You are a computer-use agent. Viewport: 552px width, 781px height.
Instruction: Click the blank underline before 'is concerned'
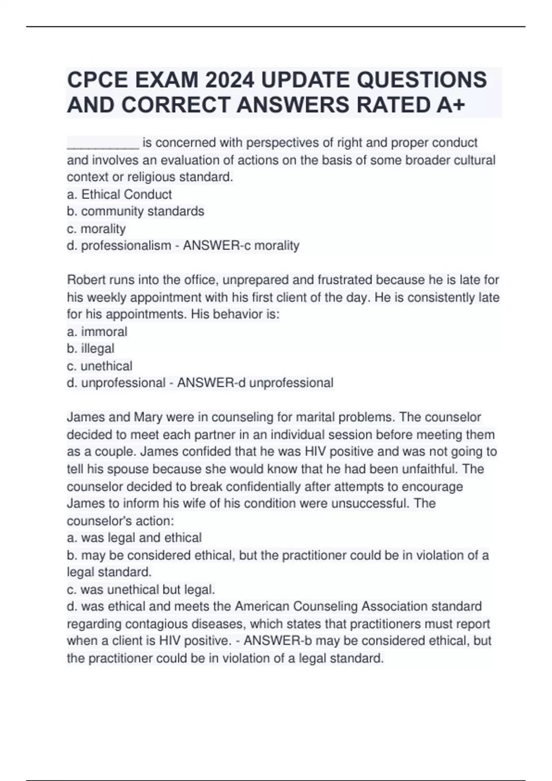pyautogui.click(x=103, y=143)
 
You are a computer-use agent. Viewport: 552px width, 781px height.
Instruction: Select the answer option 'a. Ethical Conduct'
pyautogui.click(x=119, y=194)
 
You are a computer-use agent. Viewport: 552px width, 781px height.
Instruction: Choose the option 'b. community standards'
pyautogui.click(x=135, y=211)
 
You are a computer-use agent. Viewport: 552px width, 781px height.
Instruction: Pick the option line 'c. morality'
pyautogui.click(x=96, y=229)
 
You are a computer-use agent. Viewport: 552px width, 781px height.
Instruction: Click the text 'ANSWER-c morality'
pyautogui.click(x=241, y=246)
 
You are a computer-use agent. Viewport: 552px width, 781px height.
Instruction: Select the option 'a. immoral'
pyautogui.click(x=97, y=332)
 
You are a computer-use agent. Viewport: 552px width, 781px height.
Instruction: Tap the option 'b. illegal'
pyautogui.click(x=91, y=349)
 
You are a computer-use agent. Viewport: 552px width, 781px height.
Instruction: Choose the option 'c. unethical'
pyautogui.click(x=99, y=366)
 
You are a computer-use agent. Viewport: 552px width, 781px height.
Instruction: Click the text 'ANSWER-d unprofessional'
pyautogui.click(x=255, y=383)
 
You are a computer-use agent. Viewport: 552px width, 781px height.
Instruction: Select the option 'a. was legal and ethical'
pyautogui.click(x=134, y=538)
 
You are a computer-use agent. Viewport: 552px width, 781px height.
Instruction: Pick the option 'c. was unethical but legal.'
pyautogui.click(x=141, y=589)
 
